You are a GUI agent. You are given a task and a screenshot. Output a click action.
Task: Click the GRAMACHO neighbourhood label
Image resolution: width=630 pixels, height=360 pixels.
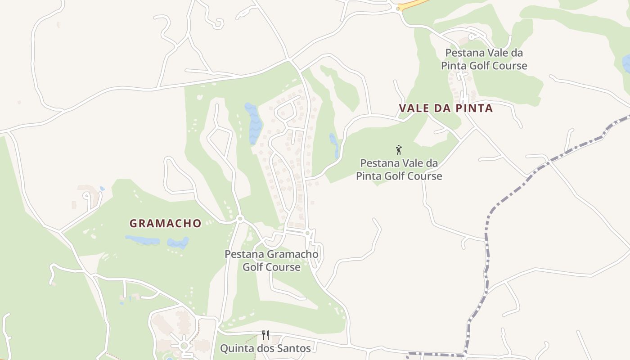point(165,223)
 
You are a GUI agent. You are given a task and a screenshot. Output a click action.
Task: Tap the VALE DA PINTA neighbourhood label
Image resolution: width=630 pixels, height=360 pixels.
point(445,108)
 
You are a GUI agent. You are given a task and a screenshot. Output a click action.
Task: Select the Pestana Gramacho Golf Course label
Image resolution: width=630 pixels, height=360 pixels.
point(271,261)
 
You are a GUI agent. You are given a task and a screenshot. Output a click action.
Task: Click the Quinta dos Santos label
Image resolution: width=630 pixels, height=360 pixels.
point(265,348)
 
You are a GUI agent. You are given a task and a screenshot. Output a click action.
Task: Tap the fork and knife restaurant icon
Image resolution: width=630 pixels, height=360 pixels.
point(265,335)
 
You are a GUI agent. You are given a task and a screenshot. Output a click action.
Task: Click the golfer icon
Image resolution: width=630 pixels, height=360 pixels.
point(398,150)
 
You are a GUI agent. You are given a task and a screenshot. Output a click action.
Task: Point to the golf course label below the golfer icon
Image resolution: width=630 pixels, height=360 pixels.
point(399,170)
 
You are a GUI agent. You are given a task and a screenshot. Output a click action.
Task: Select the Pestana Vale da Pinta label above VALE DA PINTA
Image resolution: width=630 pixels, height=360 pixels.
point(484,59)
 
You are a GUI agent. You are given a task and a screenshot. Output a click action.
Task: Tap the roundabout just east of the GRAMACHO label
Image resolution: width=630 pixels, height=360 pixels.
point(240,219)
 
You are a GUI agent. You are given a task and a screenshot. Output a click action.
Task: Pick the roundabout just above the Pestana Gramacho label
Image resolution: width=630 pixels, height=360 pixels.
point(307,233)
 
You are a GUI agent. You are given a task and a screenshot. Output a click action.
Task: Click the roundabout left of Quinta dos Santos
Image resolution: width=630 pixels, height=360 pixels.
point(184,346)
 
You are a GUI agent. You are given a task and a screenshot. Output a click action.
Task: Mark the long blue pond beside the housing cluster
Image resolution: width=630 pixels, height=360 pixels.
point(254,122)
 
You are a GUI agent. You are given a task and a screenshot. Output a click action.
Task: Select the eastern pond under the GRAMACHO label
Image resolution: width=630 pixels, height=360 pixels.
point(178,243)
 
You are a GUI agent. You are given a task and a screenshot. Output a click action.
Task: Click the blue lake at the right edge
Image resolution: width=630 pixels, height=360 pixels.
point(626,64)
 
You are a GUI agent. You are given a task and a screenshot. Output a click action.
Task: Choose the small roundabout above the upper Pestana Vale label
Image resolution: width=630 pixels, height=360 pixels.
point(471,37)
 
